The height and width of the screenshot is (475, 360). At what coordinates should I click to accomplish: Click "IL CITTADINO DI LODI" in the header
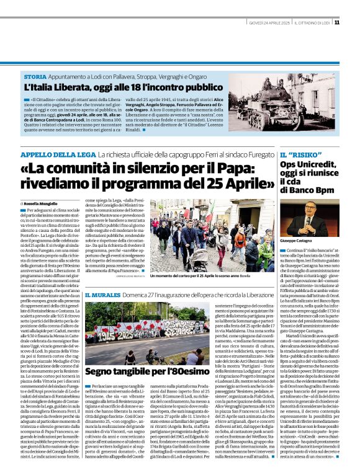312,22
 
